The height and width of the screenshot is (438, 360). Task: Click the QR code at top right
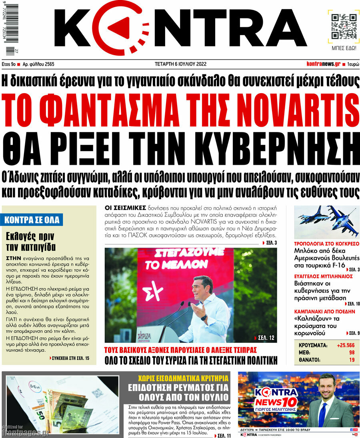pos(343,26)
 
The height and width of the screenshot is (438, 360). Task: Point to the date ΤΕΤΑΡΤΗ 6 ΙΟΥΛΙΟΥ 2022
pos(180,64)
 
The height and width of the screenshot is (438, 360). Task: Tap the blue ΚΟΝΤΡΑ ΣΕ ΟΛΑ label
pos(32,220)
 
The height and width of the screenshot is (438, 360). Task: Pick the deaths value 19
pos(352,360)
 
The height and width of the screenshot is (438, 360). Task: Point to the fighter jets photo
pos(326,222)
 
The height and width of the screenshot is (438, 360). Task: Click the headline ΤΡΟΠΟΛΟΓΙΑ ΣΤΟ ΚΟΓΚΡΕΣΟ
pos(326,243)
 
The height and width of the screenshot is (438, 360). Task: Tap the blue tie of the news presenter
pos(322,413)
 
